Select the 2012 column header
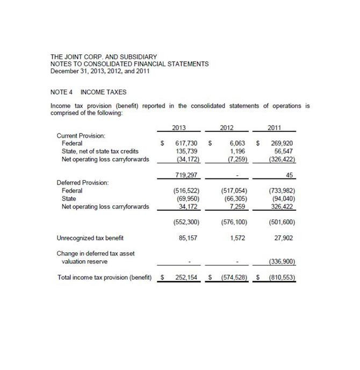click(x=227, y=128)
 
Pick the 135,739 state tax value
click(x=188, y=152)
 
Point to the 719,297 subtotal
click(x=185, y=175)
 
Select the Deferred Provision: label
click(x=83, y=182)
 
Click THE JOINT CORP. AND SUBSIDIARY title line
click(x=104, y=56)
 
